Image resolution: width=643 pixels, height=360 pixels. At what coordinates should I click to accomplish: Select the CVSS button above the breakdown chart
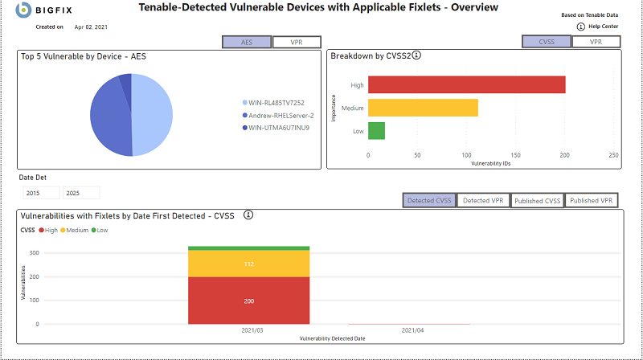547,42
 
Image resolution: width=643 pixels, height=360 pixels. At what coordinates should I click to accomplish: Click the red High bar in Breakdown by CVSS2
466,84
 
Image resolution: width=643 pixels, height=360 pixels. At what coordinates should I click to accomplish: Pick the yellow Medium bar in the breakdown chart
423,108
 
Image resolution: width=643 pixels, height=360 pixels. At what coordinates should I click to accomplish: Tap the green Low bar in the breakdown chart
376,131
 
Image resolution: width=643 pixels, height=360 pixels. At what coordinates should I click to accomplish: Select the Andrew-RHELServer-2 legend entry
281,115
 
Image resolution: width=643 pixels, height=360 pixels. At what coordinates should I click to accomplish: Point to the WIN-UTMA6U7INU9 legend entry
278,127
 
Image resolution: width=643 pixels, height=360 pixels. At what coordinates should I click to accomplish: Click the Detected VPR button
483,200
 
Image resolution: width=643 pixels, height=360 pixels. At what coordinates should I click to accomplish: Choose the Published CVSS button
537,200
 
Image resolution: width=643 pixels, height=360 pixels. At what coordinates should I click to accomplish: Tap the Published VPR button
592,200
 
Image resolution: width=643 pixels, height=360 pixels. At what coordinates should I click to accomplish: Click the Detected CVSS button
429,200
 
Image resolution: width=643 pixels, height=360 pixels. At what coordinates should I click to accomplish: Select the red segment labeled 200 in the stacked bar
248,301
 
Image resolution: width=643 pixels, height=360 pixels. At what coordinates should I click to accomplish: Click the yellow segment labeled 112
248,264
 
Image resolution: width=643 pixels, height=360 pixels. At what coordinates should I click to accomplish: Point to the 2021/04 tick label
413,330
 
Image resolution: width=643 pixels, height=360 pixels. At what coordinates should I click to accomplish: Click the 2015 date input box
41,193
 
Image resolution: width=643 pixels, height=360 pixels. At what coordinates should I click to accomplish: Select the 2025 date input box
81,193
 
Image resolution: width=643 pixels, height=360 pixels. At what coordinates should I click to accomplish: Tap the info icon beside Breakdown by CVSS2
417,56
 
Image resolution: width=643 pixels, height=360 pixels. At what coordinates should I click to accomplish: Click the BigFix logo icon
24,10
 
